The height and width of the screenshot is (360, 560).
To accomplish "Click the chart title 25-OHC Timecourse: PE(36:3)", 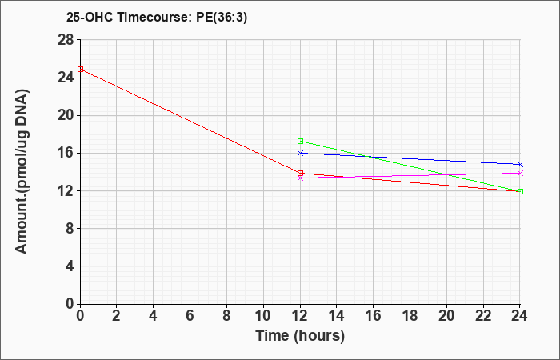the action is click(x=157, y=17).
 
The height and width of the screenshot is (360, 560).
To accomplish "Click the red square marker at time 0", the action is click(x=80, y=69).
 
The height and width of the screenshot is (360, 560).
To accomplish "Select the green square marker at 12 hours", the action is click(x=300, y=141).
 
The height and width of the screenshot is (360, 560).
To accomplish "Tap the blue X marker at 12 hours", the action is click(x=300, y=153).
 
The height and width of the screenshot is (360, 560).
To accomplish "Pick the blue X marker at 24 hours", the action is click(x=520, y=164).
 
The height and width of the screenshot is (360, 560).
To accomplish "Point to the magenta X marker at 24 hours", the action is click(x=520, y=174).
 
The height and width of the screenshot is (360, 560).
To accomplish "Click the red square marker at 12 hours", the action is click(x=300, y=174).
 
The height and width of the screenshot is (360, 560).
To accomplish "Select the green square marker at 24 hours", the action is click(x=520, y=191).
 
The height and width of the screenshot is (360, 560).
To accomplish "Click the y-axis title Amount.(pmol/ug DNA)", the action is click(x=22, y=172).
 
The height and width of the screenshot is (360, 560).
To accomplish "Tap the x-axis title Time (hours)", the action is click(x=300, y=336).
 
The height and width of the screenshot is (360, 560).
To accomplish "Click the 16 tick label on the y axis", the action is click(x=66, y=153).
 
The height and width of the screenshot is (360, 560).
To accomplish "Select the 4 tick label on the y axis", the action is click(x=70, y=266).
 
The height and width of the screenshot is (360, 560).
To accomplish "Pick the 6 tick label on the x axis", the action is click(x=190, y=316).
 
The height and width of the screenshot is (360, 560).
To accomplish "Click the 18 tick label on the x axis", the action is click(x=410, y=316).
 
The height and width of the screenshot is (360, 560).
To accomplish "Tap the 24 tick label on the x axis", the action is click(x=519, y=316).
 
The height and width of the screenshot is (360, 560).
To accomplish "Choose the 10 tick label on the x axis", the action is click(x=263, y=316).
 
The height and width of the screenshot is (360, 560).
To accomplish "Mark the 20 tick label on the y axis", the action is click(x=66, y=115).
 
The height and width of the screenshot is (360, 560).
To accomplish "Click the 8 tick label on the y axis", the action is click(x=70, y=228).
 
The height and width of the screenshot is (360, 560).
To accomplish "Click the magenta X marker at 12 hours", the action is click(x=300, y=178).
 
